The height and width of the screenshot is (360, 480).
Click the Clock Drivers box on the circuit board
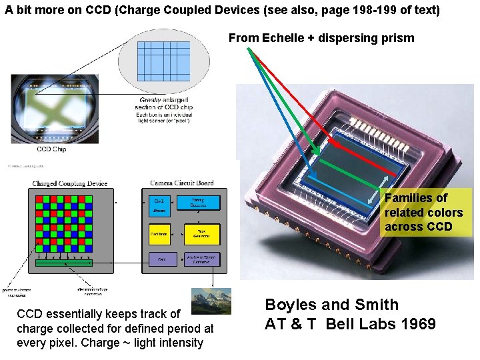pos(159,205)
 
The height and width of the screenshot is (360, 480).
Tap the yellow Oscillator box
pos(159,233)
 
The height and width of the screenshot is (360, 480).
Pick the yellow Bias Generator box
pos(202,233)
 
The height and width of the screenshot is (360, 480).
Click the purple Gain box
pos(159,259)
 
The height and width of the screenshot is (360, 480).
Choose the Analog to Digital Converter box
pos(202,259)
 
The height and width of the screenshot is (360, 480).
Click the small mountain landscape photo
pos(211,301)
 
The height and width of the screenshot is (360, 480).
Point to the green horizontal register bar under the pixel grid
pos(64,263)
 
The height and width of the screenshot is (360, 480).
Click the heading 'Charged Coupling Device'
pos(69,183)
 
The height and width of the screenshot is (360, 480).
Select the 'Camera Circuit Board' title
pos(182,183)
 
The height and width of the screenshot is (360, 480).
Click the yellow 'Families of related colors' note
pos(423,212)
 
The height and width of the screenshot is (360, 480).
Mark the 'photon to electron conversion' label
pos(20,293)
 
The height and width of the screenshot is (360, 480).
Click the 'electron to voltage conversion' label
pos(93,292)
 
